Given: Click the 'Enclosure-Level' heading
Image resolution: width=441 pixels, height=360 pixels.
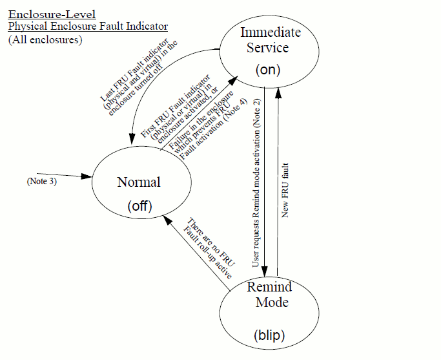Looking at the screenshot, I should coord(52,14).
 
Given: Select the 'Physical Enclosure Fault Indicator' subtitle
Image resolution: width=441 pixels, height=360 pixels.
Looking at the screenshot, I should coord(88,26).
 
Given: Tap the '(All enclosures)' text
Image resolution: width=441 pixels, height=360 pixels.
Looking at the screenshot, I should coord(45,39).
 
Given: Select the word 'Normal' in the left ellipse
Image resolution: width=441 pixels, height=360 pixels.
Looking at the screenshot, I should coord(138,182).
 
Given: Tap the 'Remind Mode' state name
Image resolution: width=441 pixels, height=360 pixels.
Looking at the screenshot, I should coord(269,294).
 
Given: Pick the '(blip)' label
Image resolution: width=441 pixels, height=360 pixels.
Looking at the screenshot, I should coord(269,336).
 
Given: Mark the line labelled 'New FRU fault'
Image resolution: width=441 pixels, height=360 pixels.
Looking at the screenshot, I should coord(278,181).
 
